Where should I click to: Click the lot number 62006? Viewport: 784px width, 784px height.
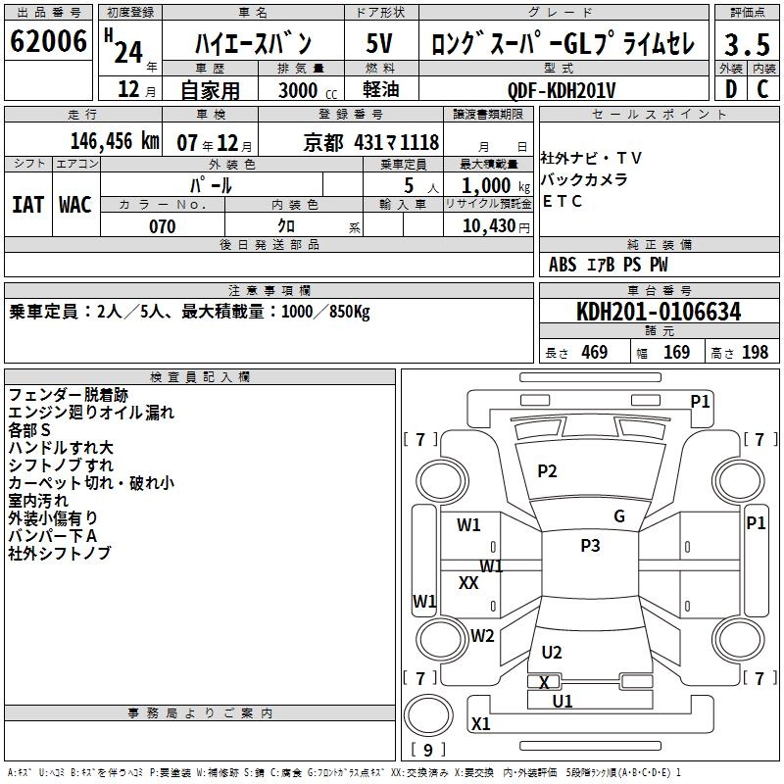coord(49,43)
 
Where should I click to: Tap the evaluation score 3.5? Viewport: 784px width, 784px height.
coord(746,45)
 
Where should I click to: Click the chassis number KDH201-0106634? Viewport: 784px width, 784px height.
coord(659,313)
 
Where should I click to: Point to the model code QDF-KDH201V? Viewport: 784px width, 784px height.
coord(562,90)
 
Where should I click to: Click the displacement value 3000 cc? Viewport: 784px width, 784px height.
coord(299,90)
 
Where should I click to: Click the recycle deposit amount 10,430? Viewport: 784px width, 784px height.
coord(487,226)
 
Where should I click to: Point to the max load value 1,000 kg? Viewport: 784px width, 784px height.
coord(487,185)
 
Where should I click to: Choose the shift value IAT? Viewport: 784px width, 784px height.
coord(27,204)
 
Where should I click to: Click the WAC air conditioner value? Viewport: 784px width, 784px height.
coord(75,204)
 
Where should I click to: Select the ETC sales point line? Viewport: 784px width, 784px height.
coord(562,202)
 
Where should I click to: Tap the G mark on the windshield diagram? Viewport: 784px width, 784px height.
coord(618,516)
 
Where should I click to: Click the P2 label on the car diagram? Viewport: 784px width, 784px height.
coord(547,471)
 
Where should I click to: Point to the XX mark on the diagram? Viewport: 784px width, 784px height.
coord(468,582)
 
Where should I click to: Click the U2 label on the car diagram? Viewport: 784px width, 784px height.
coord(552,653)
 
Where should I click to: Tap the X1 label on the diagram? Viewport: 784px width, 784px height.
coord(480,724)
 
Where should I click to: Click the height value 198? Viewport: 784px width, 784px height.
coord(755,353)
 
